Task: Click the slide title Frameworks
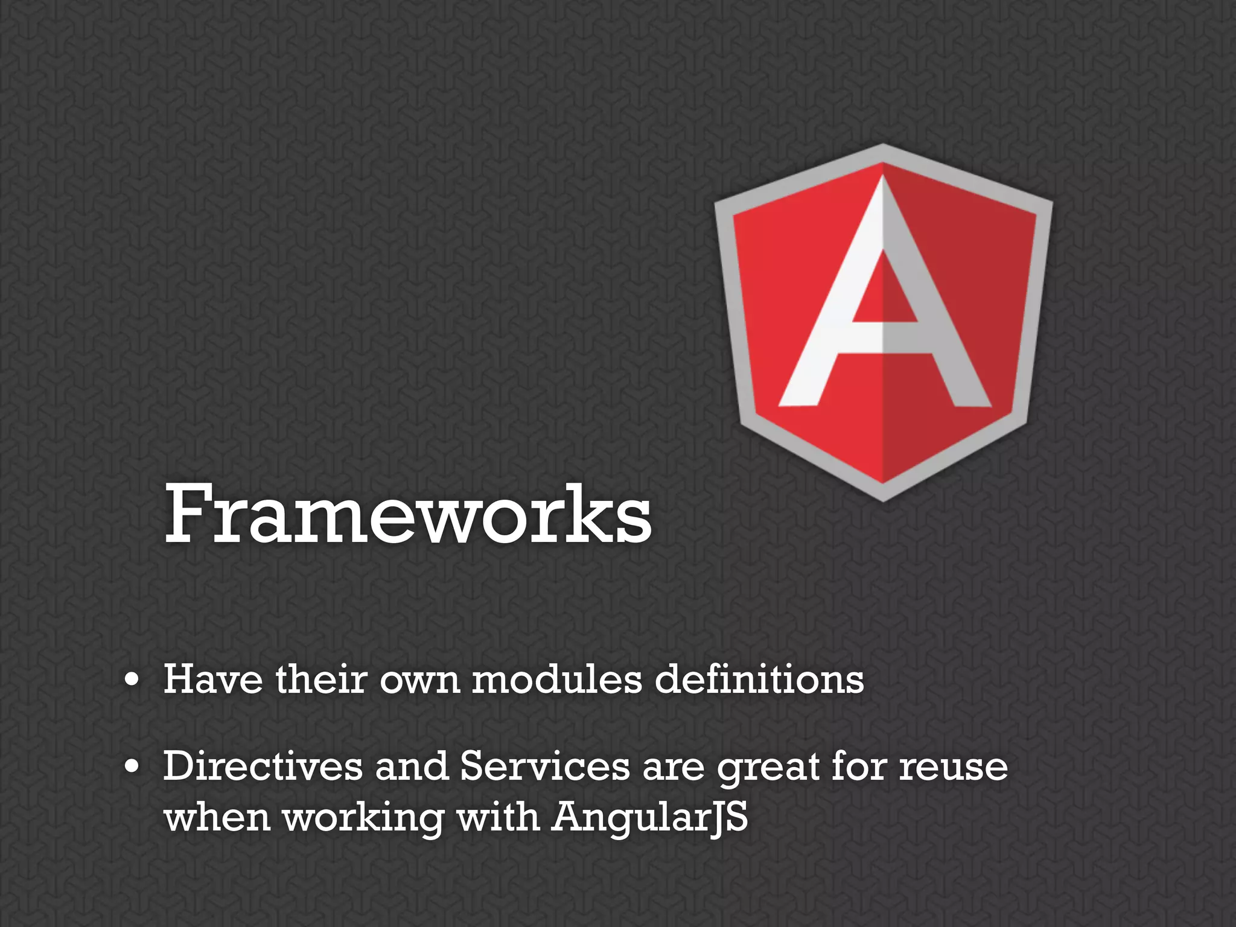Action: (x=408, y=514)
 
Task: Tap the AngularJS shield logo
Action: (x=883, y=322)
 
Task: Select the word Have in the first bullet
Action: (x=213, y=679)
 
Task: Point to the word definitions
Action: (x=759, y=679)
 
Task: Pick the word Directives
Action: (x=263, y=766)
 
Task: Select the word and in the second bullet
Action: (x=411, y=766)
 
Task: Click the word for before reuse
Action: (x=858, y=766)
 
